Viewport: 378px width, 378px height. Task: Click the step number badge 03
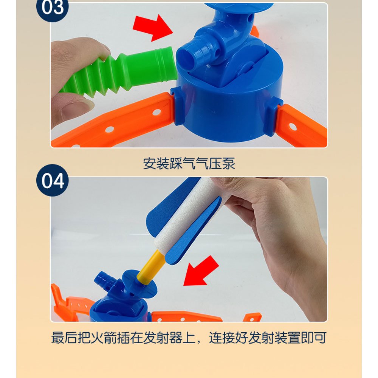click(52, 8)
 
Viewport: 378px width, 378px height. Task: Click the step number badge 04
click(53, 180)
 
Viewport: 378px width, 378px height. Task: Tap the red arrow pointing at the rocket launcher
click(201, 271)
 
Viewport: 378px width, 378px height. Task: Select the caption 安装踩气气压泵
click(189, 164)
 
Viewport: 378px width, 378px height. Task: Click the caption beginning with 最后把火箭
click(189, 338)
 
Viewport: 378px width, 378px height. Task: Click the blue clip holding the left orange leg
click(177, 106)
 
